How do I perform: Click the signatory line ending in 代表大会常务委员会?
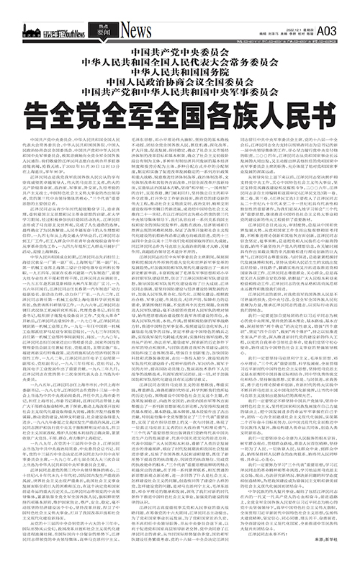tap(179, 63)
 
